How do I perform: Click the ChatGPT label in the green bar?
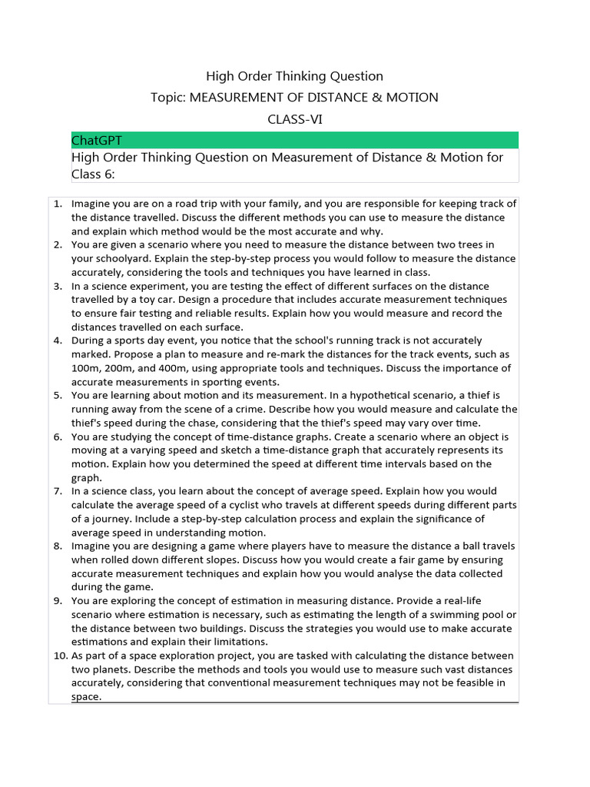96,140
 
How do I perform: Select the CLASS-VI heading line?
294,118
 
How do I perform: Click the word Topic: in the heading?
168,97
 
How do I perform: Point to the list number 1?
58,204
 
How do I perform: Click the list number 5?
58,396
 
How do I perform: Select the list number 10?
60,656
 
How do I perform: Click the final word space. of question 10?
87,697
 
